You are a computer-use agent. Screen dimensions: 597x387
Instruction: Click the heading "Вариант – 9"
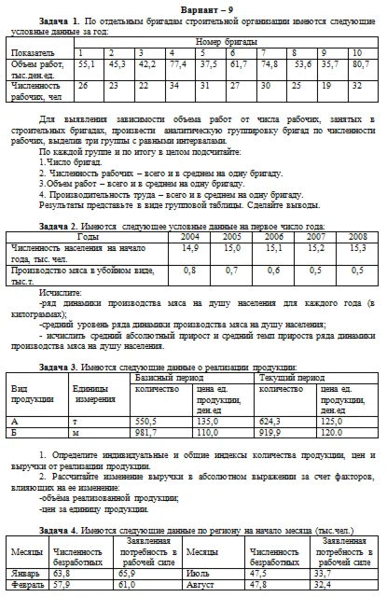click(193, 7)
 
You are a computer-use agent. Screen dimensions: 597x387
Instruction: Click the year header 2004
click(190, 237)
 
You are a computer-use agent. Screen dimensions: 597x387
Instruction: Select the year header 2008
click(355, 237)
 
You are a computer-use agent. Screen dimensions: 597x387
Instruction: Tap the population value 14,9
click(190, 249)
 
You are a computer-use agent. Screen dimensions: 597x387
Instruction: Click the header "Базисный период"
click(164, 379)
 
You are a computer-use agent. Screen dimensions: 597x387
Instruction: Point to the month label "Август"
click(205, 585)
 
